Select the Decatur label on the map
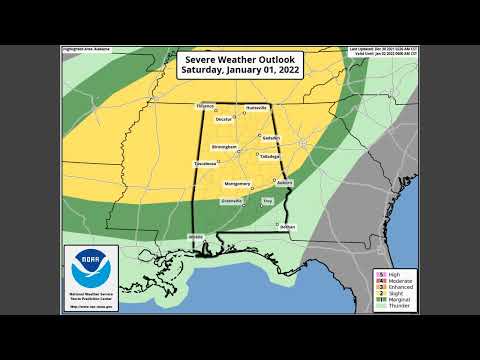(x=225, y=120)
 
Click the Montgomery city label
(x=237, y=183)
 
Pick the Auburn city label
(x=284, y=183)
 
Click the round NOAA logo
(x=90, y=268)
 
